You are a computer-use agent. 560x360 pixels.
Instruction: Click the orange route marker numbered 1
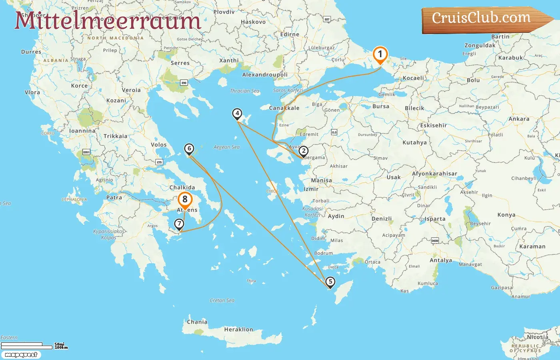pos(380,54)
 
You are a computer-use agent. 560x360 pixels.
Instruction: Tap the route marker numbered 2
pos(304,151)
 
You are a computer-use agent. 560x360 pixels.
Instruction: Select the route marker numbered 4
pos(237,114)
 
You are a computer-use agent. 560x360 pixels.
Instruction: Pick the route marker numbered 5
pos(330,282)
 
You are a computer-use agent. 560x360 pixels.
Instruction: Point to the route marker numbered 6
pos(189,149)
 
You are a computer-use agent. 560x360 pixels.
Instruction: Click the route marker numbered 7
pos(179,224)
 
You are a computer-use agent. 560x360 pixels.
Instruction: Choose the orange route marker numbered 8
pos(185,199)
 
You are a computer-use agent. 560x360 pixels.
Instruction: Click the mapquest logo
pos(21,355)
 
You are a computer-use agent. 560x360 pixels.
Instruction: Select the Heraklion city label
pos(238,330)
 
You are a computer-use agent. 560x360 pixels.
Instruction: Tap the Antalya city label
pos(441,260)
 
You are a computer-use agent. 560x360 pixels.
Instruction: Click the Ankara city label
pos(519,119)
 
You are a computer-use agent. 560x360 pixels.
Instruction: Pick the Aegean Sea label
pos(226,147)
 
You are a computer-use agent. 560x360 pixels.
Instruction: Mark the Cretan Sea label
pos(222,300)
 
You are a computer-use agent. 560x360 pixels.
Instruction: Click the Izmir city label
pos(311,189)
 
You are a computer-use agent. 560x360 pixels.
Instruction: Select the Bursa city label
pos(380,106)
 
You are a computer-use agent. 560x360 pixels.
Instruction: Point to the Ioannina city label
pos(82,131)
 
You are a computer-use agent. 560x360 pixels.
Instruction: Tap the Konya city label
pos(506,215)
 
